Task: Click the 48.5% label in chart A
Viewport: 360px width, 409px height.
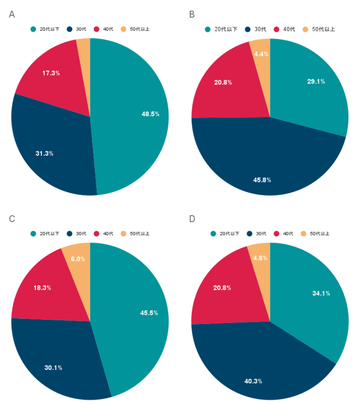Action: [x=150, y=114]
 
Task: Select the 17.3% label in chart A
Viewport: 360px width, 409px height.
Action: [x=51, y=73]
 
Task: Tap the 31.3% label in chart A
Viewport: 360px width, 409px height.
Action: [x=44, y=154]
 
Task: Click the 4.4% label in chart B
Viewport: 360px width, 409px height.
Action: [x=261, y=54]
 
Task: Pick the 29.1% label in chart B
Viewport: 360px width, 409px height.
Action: [x=316, y=82]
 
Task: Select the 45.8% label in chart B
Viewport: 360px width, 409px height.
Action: [x=262, y=180]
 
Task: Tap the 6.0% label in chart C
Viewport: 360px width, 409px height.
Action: [x=78, y=259]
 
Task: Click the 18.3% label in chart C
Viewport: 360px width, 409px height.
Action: [x=42, y=288]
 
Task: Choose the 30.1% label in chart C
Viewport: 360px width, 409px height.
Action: [x=53, y=368]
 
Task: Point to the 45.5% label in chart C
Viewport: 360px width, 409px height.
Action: [x=149, y=313]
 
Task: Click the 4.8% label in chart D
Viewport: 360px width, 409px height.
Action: [x=260, y=258]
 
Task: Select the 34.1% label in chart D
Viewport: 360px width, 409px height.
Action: [x=321, y=293]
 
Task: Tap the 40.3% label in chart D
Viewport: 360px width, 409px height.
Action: [x=253, y=381]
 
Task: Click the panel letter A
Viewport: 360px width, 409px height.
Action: [x=12, y=14]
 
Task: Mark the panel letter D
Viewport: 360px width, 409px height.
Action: [x=192, y=219]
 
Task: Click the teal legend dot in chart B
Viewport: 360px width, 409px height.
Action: [x=208, y=29]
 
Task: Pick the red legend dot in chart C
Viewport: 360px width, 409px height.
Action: [x=96, y=234]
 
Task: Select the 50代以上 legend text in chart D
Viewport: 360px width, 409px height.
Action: [x=319, y=234]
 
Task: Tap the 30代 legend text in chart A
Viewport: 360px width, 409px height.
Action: [x=81, y=29]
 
